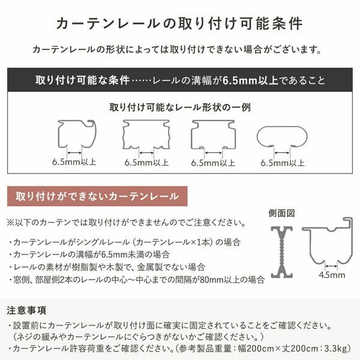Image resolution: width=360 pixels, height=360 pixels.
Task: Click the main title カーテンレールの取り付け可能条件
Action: [x=179, y=23]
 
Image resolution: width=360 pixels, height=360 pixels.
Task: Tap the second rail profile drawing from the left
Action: [x=146, y=134]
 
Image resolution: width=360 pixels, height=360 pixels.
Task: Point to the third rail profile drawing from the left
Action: [x=212, y=134]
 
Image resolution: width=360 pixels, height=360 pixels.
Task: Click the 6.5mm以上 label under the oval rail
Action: [x=283, y=162]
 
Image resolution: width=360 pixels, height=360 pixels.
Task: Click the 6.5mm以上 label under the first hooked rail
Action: [x=74, y=162]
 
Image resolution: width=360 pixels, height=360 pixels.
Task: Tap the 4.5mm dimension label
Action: [x=332, y=275]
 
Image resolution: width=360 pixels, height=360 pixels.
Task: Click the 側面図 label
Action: [x=281, y=214]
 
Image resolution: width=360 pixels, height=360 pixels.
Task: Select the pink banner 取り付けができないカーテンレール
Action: [x=97, y=196]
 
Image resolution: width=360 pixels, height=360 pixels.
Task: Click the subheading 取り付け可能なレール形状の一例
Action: [x=180, y=108]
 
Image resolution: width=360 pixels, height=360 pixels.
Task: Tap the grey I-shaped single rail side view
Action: [x=281, y=252]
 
